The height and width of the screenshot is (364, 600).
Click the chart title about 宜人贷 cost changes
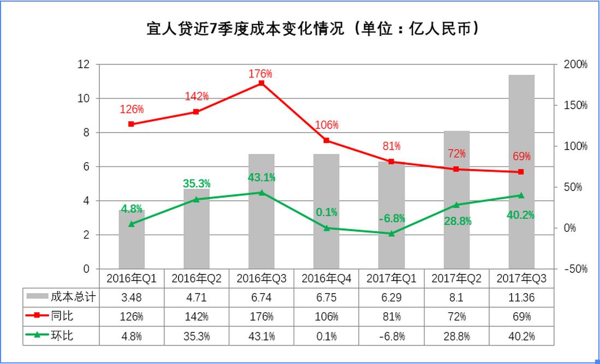[x=300, y=28]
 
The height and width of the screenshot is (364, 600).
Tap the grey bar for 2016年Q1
[x=132, y=240]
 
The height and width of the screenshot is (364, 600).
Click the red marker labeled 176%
[x=262, y=83]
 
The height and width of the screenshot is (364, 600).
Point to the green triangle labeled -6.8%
[x=391, y=234]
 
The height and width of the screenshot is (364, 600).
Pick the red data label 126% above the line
[x=132, y=109]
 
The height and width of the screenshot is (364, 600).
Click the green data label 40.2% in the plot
[x=521, y=215]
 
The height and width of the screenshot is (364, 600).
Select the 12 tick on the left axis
[x=83, y=64]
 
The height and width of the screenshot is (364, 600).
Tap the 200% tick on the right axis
[x=575, y=64]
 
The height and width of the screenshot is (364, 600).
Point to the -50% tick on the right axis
[x=575, y=269]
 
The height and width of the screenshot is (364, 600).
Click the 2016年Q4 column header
[x=326, y=279]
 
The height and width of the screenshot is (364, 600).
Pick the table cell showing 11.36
[x=521, y=298]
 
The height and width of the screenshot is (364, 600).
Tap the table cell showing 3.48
[x=132, y=298]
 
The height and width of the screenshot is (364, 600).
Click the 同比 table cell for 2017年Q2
[x=456, y=317]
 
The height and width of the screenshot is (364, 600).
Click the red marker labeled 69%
[x=521, y=172]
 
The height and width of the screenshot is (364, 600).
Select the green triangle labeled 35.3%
[x=197, y=199]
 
